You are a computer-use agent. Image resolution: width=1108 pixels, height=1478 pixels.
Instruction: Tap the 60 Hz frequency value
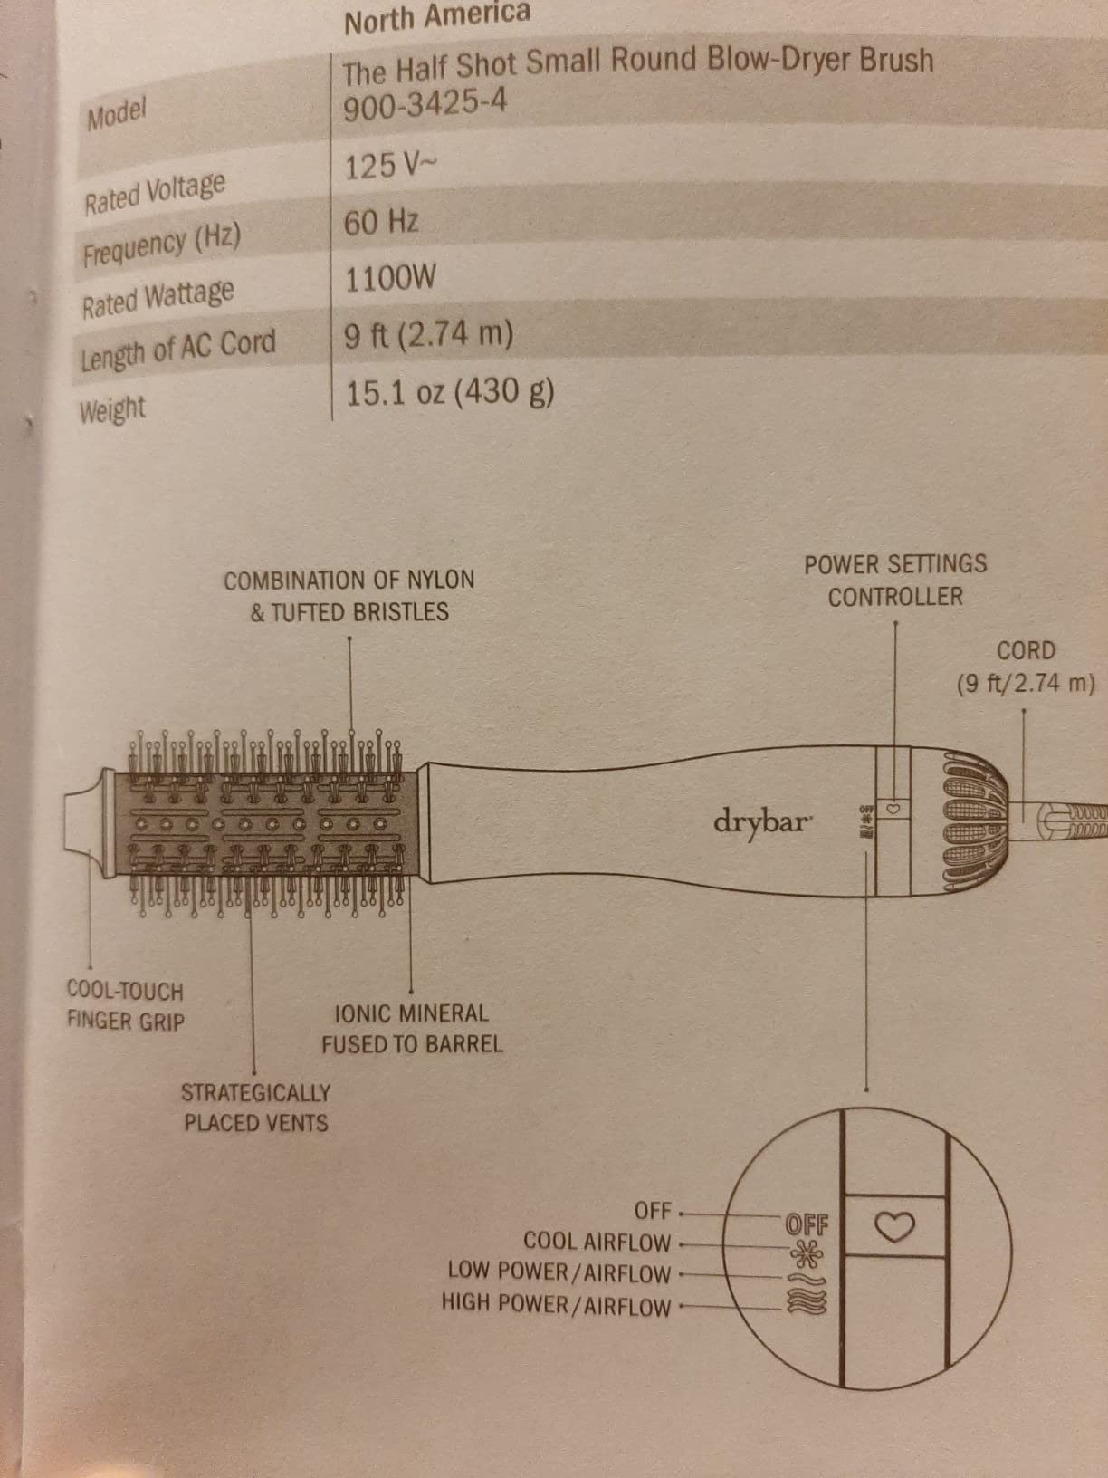click(x=381, y=222)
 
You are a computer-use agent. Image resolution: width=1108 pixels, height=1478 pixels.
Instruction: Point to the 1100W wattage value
click(x=390, y=278)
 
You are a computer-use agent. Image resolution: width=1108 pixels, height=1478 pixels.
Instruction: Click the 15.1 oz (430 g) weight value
click(x=449, y=393)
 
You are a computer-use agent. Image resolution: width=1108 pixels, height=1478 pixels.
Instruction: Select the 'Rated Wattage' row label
click(x=158, y=297)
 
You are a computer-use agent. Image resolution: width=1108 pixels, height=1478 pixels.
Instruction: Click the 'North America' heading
click(x=437, y=16)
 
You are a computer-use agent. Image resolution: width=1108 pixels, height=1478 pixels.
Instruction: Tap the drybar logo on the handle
click(x=762, y=822)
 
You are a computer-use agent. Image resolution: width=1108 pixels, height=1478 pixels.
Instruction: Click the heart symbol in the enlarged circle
click(x=894, y=1226)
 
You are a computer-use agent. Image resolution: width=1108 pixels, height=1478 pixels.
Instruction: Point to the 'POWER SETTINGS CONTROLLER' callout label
click(x=895, y=581)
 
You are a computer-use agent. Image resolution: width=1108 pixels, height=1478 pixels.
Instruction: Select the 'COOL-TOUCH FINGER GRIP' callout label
click(x=125, y=1007)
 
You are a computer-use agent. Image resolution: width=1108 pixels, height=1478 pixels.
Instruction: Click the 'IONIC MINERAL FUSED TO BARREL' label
click(x=412, y=1029)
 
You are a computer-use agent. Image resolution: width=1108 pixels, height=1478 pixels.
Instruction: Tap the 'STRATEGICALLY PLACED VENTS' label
click(x=255, y=1108)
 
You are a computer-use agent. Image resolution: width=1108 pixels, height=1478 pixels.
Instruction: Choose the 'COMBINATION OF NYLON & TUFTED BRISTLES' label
click(x=349, y=596)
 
